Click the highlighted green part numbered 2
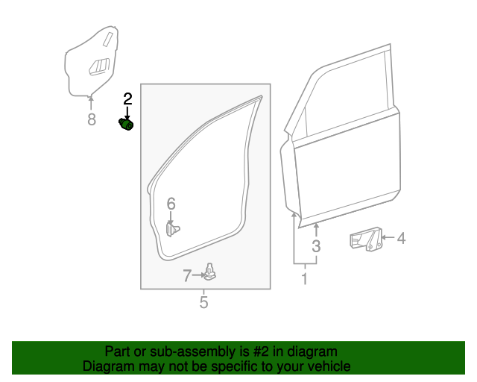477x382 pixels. coord(127,124)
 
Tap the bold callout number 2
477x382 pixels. coord(127,98)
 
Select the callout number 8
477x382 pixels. coord(92,119)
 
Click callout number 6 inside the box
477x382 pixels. coord(171,204)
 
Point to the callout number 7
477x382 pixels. coord(187,276)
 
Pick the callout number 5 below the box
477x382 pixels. coord(203,302)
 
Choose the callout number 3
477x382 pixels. coord(316,246)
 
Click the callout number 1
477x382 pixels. coord(304,279)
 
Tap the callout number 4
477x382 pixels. coord(401,239)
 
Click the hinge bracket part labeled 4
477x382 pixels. coord(365,240)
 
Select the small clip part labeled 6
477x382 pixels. coord(173,228)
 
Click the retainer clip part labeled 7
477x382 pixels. coord(212,273)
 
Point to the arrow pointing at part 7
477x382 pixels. coord(199,275)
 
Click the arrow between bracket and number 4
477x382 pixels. coord(387,239)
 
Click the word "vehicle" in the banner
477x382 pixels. coord(327,366)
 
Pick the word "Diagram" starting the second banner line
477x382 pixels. coord(107,366)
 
